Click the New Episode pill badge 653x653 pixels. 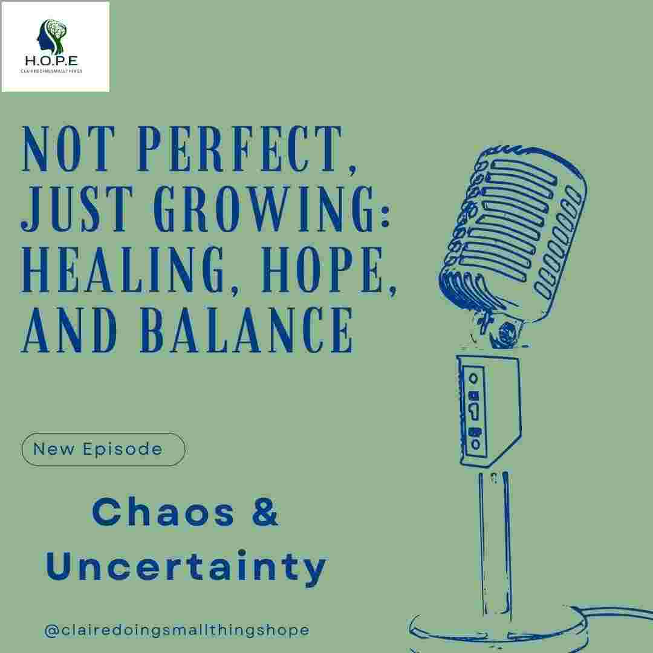point(103,449)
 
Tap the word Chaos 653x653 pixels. point(163,513)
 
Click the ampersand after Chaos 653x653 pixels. point(264,513)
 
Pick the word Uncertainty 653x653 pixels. point(186,567)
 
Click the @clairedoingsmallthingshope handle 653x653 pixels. point(177,629)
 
